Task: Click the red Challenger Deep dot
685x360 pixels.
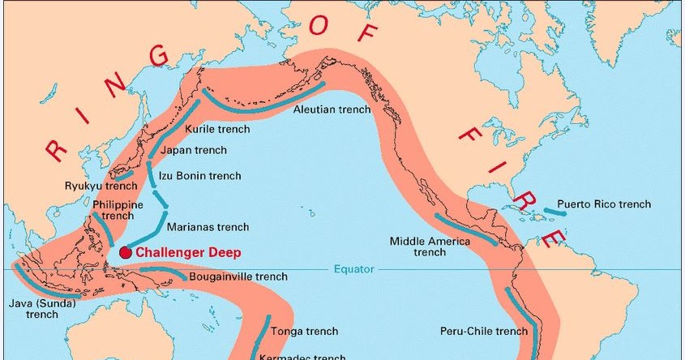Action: click(x=125, y=253)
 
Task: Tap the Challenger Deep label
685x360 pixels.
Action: click(x=188, y=253)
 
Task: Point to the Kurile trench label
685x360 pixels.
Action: click(x=218, y=129)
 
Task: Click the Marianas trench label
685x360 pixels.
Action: click(x=208, y=227)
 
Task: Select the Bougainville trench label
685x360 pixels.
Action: click(x=238, y=276)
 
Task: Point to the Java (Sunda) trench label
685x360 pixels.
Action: click(x=41, y=309)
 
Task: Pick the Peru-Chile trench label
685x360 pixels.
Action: click(x=484, y=331)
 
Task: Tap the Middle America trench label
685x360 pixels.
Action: click(x=430, y=246)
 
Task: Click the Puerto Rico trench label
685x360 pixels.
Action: click(x=604, y=204)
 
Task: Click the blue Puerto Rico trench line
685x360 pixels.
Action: click(x=554, y=212)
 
